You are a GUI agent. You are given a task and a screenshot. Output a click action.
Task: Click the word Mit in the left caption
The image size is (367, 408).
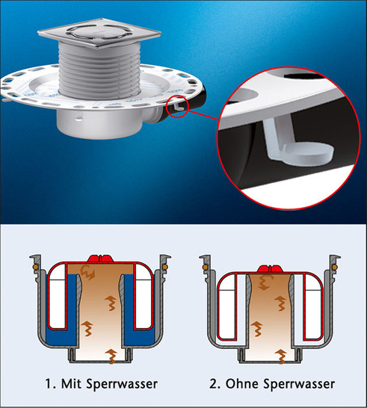[72, 383]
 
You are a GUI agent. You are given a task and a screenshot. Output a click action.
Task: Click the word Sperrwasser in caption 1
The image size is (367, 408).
[122, 384]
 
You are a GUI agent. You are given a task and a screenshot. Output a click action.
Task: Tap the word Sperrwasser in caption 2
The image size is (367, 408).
[299, 384]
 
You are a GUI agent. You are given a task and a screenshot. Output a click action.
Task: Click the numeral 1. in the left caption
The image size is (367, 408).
[51, 384]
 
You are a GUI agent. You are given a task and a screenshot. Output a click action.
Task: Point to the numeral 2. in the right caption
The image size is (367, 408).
[215, 384]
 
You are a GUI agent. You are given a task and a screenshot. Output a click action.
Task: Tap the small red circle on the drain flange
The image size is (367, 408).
[176, 107]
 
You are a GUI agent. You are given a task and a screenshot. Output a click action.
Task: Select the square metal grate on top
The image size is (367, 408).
[99, 33]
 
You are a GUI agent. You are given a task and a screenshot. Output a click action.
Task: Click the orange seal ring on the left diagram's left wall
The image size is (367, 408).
[35, 267]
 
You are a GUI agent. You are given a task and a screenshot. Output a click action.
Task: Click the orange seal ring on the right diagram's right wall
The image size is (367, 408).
[335, 267]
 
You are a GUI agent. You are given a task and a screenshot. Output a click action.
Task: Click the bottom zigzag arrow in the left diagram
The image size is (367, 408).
[111, 356]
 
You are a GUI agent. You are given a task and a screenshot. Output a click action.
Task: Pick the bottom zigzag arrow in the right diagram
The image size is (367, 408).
[281, 356]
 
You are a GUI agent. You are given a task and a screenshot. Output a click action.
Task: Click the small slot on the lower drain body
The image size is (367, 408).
[78, 119]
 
